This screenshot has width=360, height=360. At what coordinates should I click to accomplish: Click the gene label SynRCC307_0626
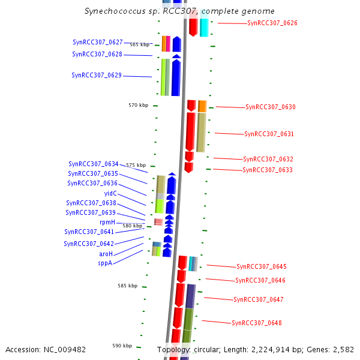click(272, 23)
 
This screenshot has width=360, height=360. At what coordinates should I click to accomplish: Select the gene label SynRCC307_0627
click(97, 42)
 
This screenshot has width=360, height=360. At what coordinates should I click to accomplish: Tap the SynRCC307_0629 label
click(97, 75)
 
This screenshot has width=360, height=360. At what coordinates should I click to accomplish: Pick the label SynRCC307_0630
click(270, 107)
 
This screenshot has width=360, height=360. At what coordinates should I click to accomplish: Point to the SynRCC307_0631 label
click(269, 134)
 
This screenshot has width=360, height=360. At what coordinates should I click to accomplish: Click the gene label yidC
click(110, 193)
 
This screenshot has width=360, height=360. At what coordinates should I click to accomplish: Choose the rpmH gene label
click(107, 222)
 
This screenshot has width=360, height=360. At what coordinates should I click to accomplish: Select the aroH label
click(106, 254)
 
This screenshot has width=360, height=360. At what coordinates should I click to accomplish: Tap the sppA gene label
click(105, 262)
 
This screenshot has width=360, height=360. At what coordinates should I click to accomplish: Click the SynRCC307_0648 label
click(256, 323)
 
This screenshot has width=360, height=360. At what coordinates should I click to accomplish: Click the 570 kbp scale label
click(138, 105)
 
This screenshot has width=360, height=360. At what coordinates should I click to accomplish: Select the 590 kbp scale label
click(122, 346)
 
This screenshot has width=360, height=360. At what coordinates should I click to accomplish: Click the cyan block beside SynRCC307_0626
click(204, 24)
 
